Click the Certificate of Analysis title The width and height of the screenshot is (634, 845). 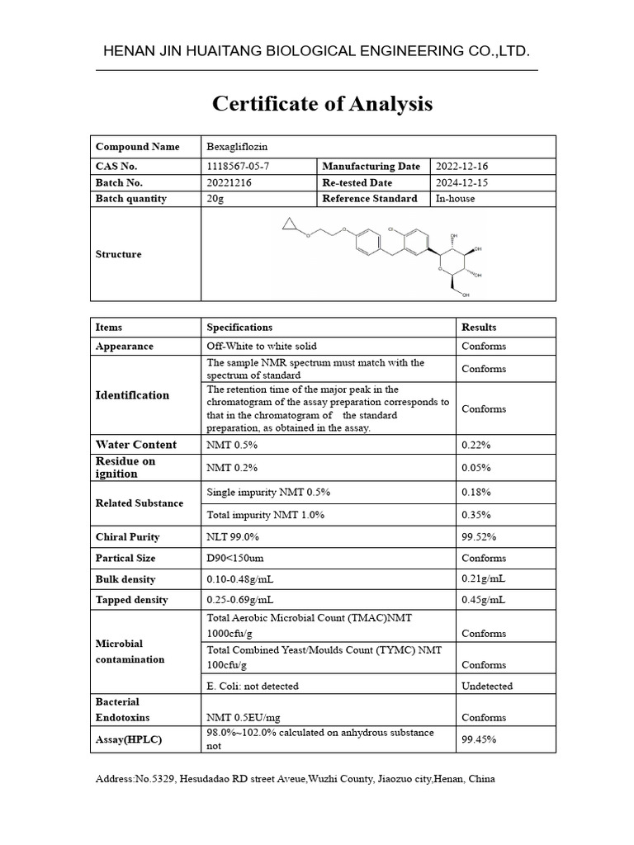(322, 104)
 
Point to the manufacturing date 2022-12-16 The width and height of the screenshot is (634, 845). (462, 167)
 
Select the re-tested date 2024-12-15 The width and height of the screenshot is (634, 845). (462, 182)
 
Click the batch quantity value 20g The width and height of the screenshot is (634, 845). (215, 198)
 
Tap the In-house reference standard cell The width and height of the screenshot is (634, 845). (456, 198)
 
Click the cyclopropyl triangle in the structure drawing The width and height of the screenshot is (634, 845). (288, 224)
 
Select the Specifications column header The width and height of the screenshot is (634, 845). (239, 328)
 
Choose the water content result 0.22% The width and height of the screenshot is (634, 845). (476, 445)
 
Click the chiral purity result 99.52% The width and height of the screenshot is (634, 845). (480, 537)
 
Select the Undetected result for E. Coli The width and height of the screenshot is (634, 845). (487, 686)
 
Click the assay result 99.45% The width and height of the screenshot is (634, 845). (480, 739)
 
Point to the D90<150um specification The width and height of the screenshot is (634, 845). (235, 559)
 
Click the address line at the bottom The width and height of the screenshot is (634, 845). (296, 779)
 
